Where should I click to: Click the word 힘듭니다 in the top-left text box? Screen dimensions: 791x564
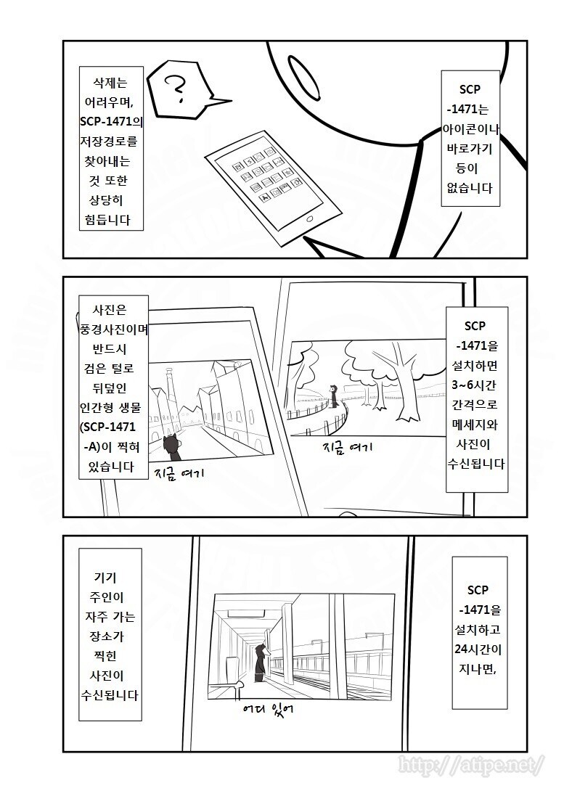(x=111, y=221)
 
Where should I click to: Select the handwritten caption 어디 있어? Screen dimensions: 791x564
(x=269, y=706)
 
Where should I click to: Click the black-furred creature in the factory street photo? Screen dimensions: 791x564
(x=172, y=447)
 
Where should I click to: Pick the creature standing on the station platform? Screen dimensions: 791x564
(x=262, y=662)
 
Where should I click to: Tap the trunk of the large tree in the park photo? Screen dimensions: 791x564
(x=396, y=385)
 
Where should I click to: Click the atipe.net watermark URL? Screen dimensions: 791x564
(x=471, y=764)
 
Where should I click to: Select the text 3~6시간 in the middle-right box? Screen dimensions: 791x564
(x=475, y=383)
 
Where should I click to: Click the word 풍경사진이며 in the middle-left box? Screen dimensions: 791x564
(x=115, y=328)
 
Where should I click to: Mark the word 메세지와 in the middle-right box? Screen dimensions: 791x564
(x=475, y=422)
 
